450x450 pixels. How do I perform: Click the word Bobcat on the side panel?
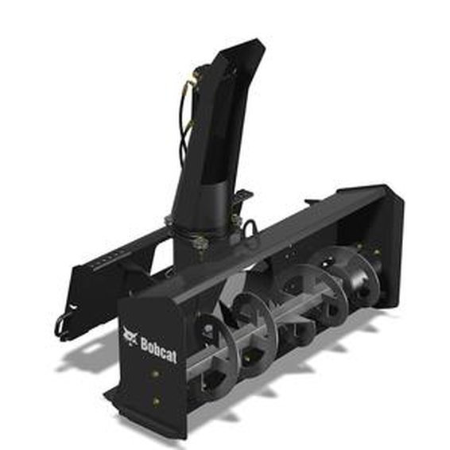[x=158, y=347]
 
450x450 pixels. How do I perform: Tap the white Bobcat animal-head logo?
[x=130, y=337]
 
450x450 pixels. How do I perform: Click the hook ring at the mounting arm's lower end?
[x=63, y=323]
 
